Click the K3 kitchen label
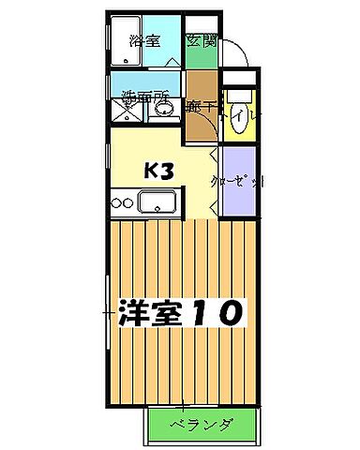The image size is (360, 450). tap(157, 171)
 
